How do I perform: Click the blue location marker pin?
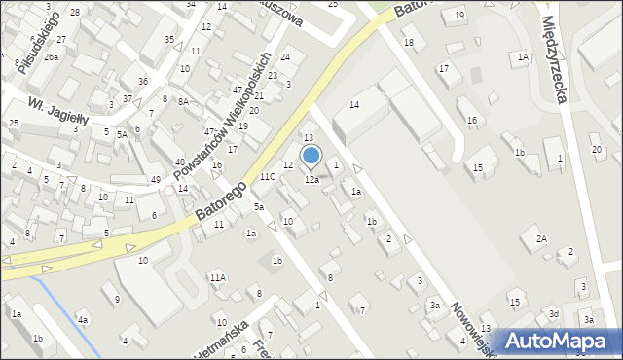[x=311, y=156]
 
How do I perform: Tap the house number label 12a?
[x=311, y=180]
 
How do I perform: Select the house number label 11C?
[x=268, y=177]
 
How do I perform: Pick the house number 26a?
[x=51, y=57]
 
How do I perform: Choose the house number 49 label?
[x=156, y=180]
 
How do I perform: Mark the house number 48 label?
[x=179, y=162]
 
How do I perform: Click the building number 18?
[x=409, y=42]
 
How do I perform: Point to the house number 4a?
[x=84, y=320]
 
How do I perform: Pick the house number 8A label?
[x=182, y=101]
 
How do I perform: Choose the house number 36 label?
[x=143, y=81]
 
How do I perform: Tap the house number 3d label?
[x=553, y=313]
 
